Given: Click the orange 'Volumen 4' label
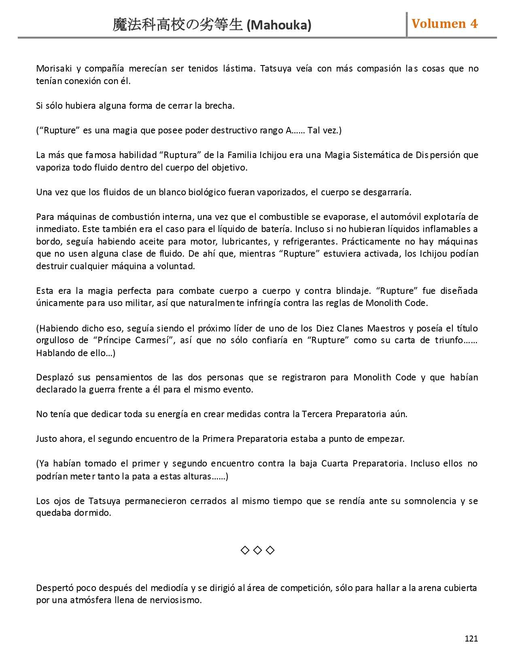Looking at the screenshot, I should tap(444, 24).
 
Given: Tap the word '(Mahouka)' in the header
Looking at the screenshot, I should tap(279, 25).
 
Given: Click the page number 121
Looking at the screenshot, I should tap(471, 638).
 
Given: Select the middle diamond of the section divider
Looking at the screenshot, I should tap(257, 550).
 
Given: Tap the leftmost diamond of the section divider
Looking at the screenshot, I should tap(245, 550).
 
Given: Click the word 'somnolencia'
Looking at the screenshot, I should tap(430, 501).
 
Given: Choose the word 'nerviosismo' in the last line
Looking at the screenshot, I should tap(177, 600).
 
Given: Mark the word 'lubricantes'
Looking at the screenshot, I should tap(246, 242).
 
